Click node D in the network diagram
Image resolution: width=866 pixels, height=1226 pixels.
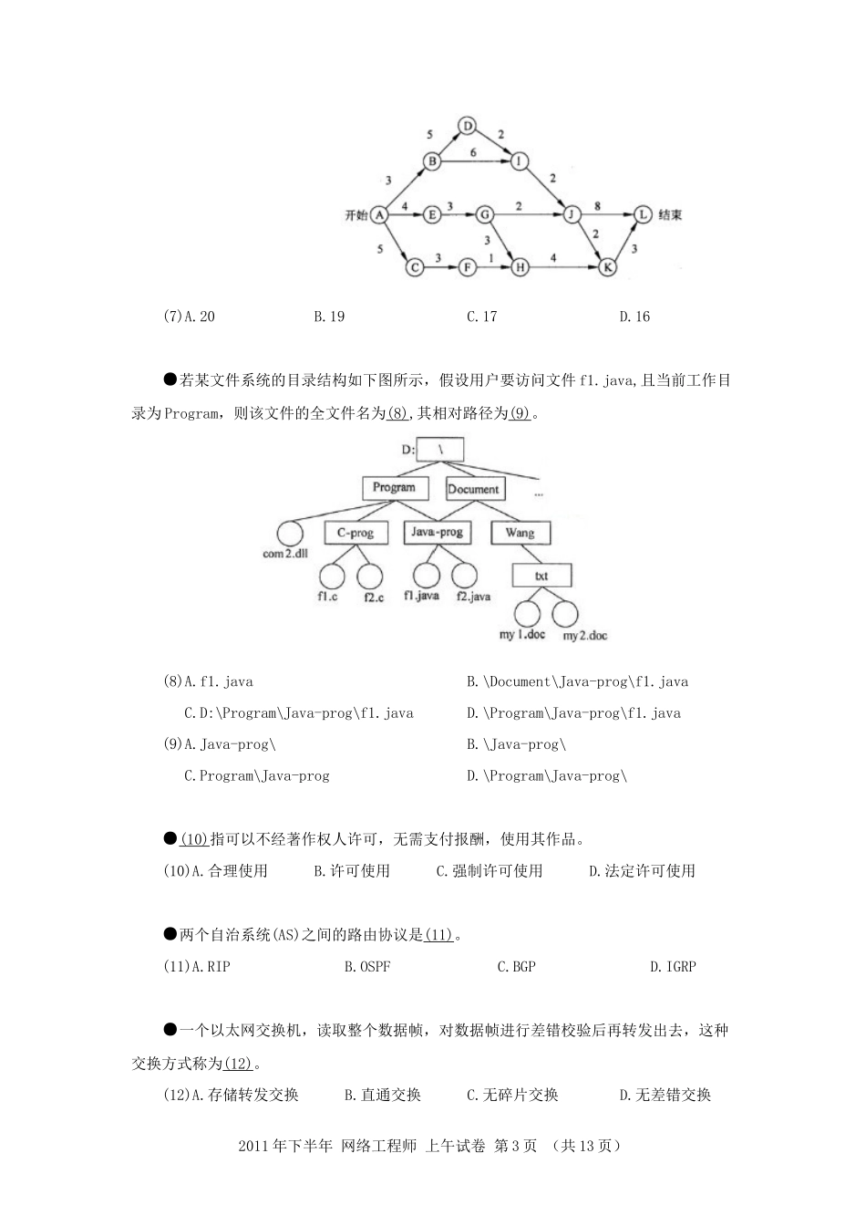(467, 126)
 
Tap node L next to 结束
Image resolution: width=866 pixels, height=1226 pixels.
(644, 214)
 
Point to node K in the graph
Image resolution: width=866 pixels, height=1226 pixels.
(607, 267)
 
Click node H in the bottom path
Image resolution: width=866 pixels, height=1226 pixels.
(520, 267)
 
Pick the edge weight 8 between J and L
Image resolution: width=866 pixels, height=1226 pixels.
(597, 206)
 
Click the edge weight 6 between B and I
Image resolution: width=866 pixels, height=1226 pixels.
(473, 152)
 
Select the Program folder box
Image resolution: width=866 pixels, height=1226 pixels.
(394, 488)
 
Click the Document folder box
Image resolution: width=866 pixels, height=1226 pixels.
(473, 489)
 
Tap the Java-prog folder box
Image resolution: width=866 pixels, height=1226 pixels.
(437, 532)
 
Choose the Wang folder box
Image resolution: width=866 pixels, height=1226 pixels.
(520, 532)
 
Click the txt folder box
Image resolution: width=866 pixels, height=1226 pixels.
(541, 576)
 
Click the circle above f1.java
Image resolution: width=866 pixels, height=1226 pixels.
(426, 575)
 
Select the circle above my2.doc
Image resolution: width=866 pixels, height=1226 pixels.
(565, 613)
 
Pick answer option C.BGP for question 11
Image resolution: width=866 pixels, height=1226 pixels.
(516, 966)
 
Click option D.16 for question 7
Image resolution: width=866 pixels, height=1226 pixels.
(634, 317)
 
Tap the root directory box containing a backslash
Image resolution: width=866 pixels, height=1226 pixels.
(441, 449)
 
